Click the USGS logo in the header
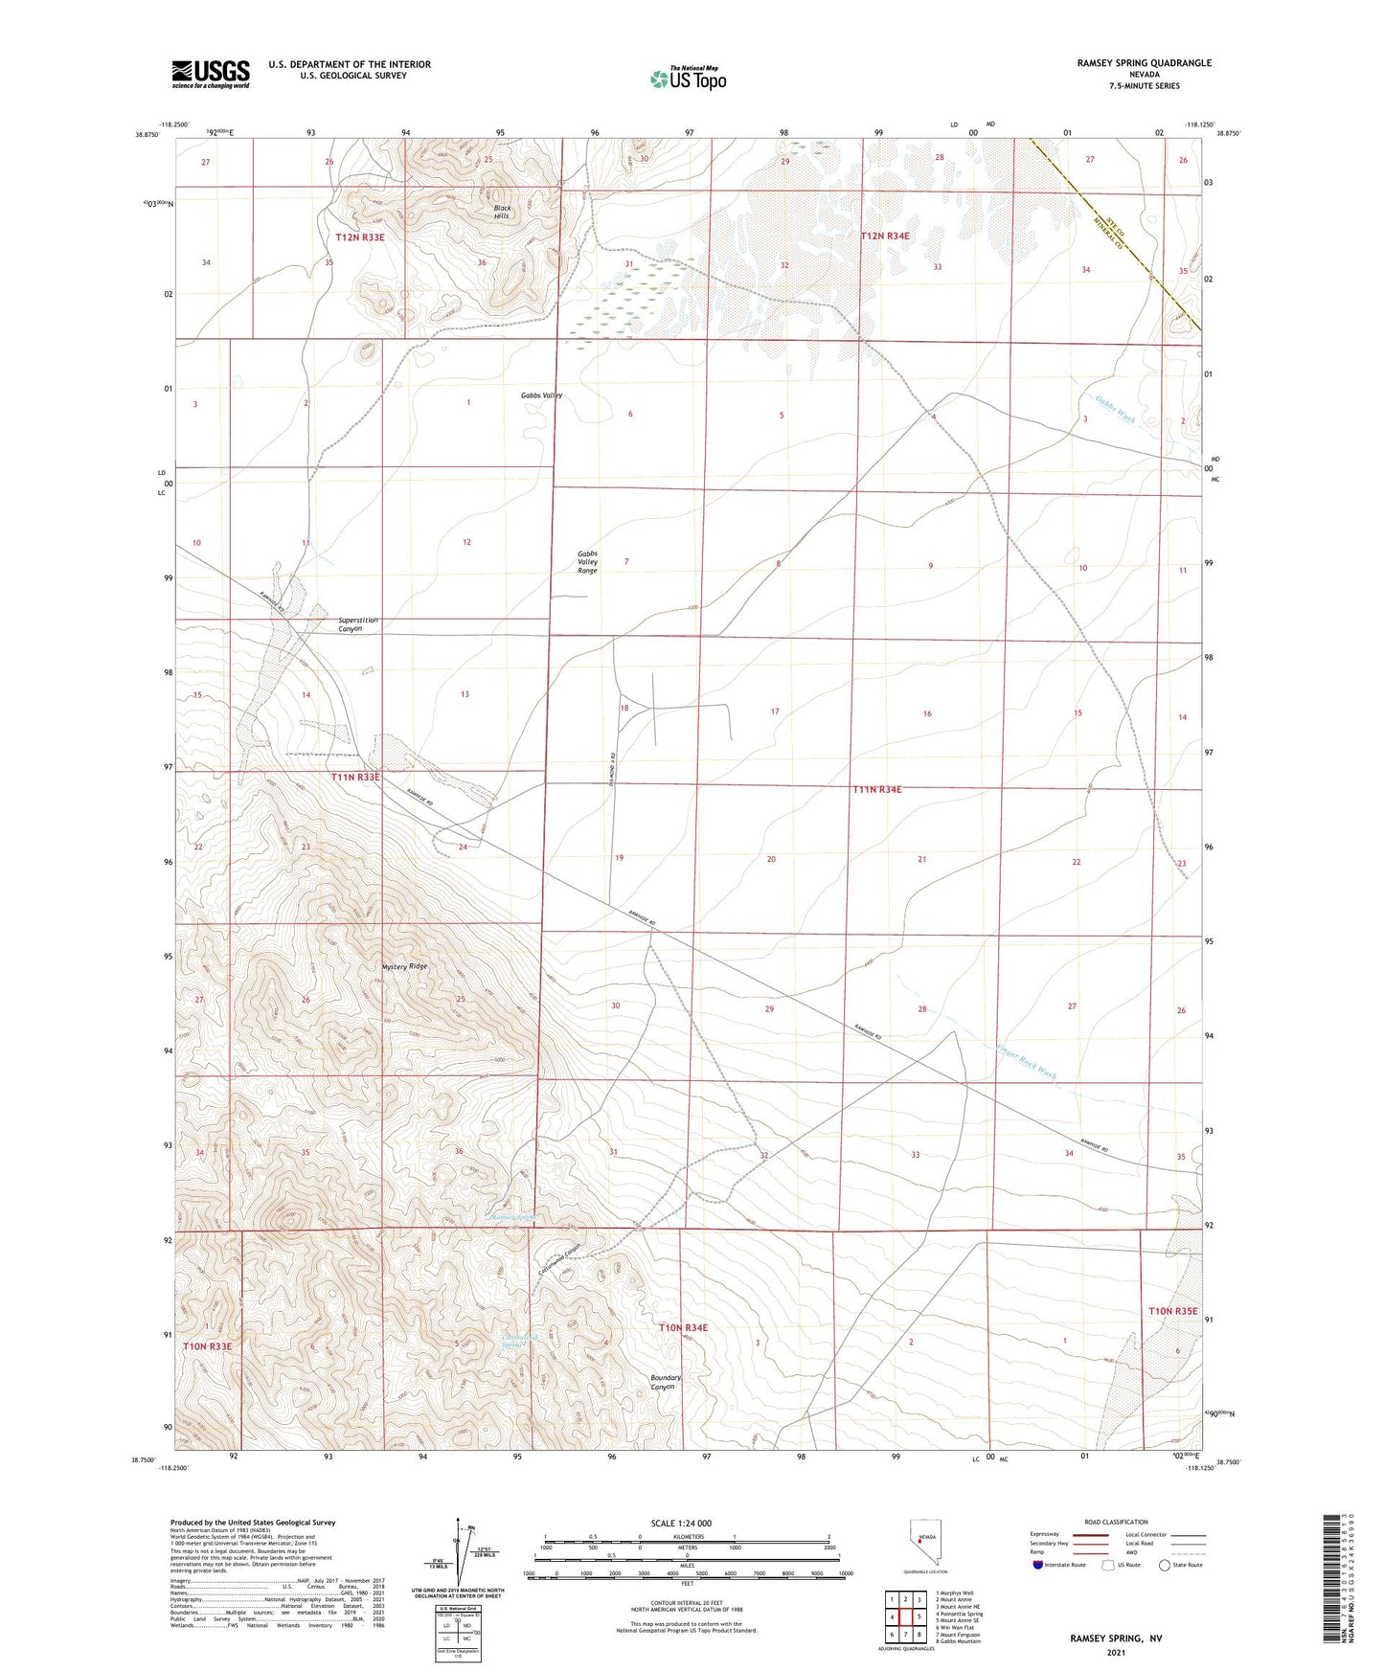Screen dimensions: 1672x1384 [210, 74]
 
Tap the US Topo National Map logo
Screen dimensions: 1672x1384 [688, 79]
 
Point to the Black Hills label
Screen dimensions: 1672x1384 [502, 212]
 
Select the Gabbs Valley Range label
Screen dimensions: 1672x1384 [587, 562]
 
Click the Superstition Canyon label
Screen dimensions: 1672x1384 [357, 624]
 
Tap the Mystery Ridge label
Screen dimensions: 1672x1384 [404, 967]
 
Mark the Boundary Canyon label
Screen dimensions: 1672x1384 [666, 1383]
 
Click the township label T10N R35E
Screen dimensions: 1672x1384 [1173, 1311]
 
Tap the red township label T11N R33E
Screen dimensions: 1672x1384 [355, 778]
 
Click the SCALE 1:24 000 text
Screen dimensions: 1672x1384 [681, 1523]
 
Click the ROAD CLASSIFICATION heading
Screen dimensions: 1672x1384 [1116, 1522]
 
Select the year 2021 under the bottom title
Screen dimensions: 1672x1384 [1116, 1652]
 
